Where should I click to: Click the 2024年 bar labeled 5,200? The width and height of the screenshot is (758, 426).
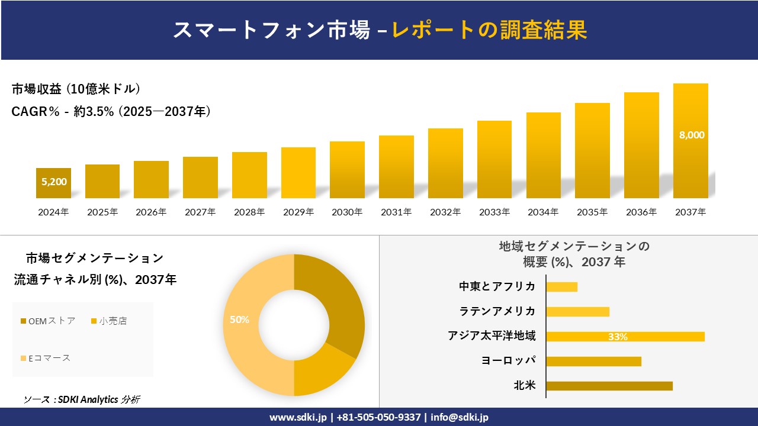pyautogui.click(x=53, y=183)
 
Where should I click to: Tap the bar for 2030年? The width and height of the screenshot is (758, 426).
pyautogui.click(x=347, y=170)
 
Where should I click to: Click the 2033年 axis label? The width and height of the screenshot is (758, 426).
pyautogui.click(x=494, y=212)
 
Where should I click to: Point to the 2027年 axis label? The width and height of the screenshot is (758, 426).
pyautogui.click(x=200, y=212)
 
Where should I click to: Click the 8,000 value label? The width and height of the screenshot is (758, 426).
pyautogui.click(x=691, y=135)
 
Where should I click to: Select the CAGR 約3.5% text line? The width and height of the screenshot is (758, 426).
pyautogui.click(x=111, y=111)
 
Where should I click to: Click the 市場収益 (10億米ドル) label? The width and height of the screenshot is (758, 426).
pyautogui.click(x=76, y=89)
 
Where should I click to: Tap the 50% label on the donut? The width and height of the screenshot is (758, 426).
pyautogui.click(x=239, y=319)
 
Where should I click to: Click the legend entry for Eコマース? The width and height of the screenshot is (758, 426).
pyautogui.click(x=46, y=358)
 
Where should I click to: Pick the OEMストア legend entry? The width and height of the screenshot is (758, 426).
pyautogui.click(x=49, y=321)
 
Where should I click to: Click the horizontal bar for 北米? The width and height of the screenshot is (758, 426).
pyautogui.click(x=609, y=386)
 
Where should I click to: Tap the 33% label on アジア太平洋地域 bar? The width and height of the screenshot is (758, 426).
pyautogui.click(x=618, y=337)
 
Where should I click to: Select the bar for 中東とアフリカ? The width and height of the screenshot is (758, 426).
pyautogui.click(x=561, y=287)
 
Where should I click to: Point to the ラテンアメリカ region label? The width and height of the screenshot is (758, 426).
pyautogui.click(x=497, y=311)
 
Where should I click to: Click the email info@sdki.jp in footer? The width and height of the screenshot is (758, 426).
pyautogui.click(x=460, y=417)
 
